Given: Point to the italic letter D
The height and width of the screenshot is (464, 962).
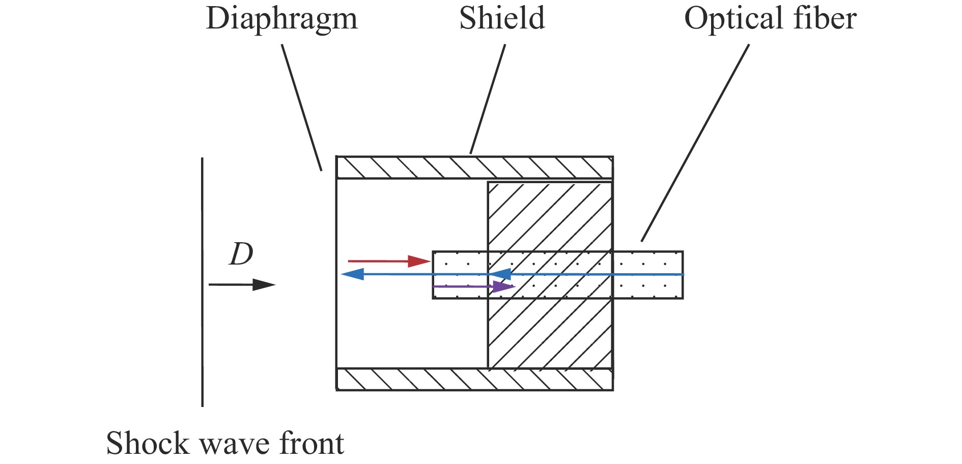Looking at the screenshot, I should click(x=241, y=254).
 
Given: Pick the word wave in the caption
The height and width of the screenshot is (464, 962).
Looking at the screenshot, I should click(x=235, y=444).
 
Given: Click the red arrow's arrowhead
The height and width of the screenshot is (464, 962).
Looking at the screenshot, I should click(x=419, y=262).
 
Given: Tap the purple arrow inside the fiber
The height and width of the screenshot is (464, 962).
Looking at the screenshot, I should click(x=473, y=287).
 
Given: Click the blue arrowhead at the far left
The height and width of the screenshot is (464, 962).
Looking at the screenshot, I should click(x=352, y=274).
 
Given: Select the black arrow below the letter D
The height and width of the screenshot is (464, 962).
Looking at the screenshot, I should click(x=242, y=284).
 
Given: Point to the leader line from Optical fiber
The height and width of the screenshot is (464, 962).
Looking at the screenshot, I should click(x=695, y=142).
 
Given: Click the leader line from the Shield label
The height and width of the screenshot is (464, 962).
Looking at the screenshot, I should click(x=488, y=99).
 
